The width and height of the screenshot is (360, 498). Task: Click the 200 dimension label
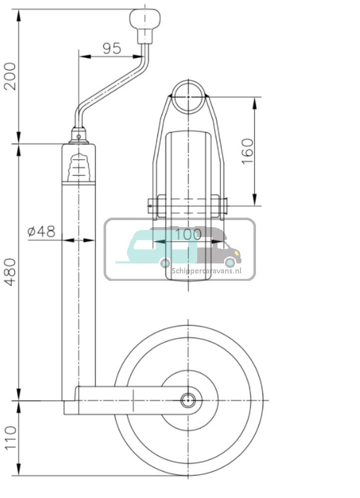pos(10,76)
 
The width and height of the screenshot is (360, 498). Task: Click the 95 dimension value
pos(112,48)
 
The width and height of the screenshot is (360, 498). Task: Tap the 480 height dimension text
pos(10,272)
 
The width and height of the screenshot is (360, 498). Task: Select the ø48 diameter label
pos(41,231)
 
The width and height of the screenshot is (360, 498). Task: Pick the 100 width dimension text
pos(189,234)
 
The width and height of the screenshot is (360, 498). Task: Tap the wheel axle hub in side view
pos(188,400)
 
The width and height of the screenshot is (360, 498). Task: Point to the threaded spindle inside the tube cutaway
pos(79,166)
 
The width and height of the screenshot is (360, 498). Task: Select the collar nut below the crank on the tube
pos(78,135)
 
